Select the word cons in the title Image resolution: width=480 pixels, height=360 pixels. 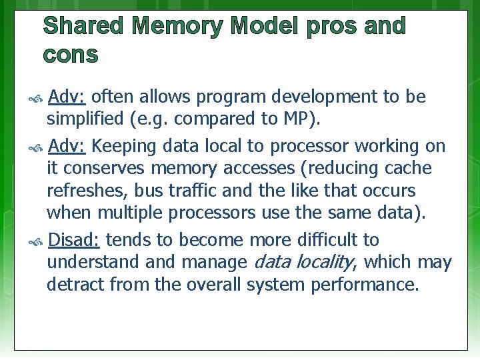[x=71, y=55]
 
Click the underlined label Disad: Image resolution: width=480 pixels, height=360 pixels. [x=74, y=239]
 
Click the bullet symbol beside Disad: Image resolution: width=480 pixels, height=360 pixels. [x=37, y=241]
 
